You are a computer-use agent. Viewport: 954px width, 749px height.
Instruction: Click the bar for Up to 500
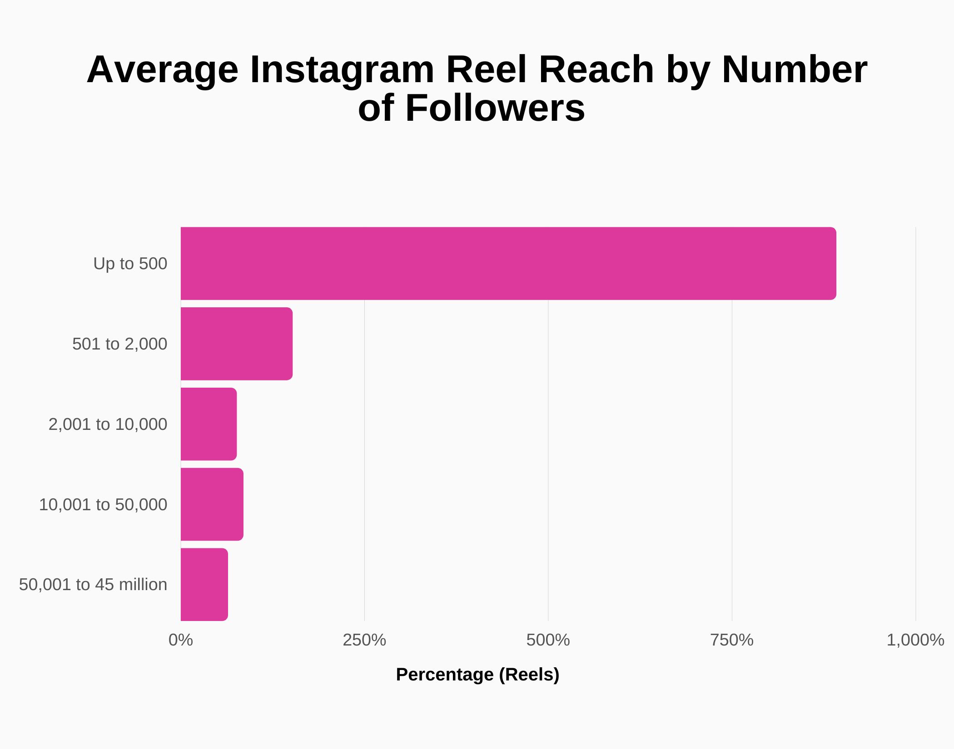508,263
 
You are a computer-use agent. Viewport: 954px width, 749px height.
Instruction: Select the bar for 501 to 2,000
236,344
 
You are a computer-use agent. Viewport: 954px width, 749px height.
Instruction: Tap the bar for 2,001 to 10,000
209,424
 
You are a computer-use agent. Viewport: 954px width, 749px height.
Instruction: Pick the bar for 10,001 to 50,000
212,504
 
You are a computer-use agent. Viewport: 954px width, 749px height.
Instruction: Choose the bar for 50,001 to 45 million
204,584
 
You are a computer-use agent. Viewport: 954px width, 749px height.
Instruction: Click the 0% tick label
180,640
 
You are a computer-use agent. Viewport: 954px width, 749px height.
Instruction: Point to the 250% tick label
364,640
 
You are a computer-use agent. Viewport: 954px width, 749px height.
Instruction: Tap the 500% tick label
548,640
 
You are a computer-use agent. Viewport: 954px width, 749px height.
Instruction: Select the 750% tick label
731,640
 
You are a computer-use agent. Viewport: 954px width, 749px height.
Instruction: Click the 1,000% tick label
915,640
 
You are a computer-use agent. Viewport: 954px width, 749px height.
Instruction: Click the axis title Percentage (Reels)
477,675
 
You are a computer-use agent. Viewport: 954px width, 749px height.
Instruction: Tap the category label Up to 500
130,264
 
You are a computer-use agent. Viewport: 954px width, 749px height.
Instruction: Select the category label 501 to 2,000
119,344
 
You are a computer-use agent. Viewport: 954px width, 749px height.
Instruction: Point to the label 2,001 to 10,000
108,424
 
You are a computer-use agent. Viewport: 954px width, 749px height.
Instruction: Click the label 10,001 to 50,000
103,505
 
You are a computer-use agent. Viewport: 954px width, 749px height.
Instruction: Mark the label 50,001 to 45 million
93,585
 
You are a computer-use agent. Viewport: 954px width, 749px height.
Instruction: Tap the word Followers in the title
495,108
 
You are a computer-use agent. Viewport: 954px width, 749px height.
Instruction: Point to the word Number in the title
794,69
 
